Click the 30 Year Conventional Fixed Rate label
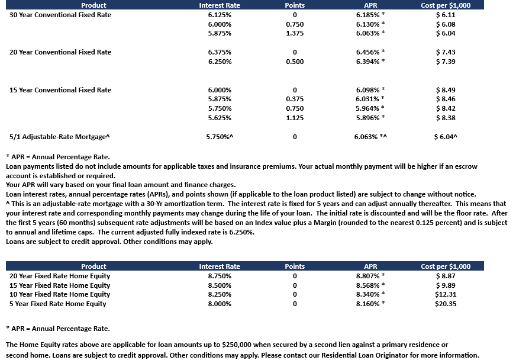coord(60,15)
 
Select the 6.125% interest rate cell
coord(220,15)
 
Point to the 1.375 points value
coord(295,33)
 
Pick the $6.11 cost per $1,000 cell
coord(446,15)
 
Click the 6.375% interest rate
coord(220,52)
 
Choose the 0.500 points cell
coord(295,62)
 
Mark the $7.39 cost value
coord(446,62)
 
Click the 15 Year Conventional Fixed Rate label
coord(60,90)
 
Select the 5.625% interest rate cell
coord(220,118)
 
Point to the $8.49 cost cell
coord(446,90)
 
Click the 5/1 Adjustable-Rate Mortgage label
coord(60,137)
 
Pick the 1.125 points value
coord(295,118)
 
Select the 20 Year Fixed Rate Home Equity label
coord(60,276)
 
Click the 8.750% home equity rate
coord(220,276)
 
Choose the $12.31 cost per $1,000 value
coord(446,294)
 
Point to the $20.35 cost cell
coord(446,304)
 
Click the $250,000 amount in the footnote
coord(240,345)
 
